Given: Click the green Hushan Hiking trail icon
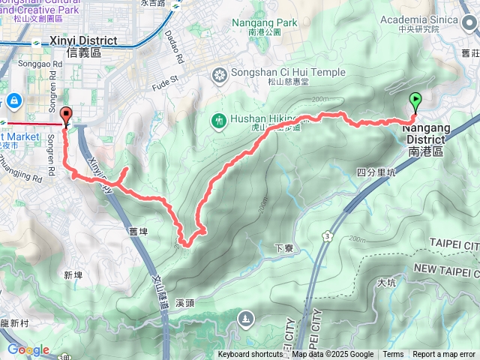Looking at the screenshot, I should (x=219, y=119).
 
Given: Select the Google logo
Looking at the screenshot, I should (x=28, y=349).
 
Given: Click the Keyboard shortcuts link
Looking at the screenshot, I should (x=251, y=355).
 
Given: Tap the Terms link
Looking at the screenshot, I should (x=393, y=355).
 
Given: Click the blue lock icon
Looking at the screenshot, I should (x=14, y=100).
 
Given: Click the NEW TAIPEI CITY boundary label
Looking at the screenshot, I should (x=445, y=268).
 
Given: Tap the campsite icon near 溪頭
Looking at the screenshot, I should (x=246, y=320).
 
